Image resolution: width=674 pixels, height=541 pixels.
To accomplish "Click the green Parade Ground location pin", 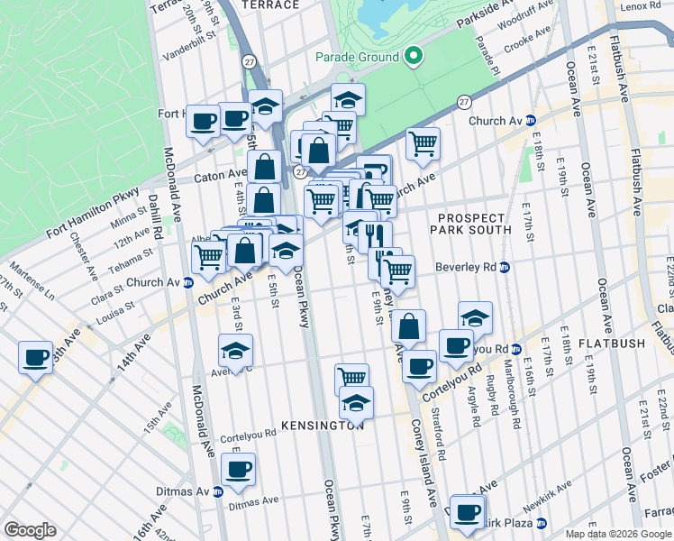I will [x=414, y=57].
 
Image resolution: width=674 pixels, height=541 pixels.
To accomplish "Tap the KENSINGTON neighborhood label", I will [x=322, y=425].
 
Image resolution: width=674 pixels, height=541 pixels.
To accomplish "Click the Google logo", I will [x=30, y=530].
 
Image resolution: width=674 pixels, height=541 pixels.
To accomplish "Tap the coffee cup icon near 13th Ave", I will [x=36, y=356].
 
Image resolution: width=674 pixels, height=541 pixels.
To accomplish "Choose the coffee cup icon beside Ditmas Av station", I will [x=238, y=469].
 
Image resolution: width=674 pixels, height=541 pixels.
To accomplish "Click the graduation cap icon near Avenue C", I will [x=236, y=351].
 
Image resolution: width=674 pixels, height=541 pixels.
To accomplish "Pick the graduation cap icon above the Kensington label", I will [x=358, y=402].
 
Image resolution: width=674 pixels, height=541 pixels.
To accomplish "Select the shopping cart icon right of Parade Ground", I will [x=423, y=142].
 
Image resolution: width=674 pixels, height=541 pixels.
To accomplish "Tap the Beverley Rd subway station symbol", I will [x=505, y=267].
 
